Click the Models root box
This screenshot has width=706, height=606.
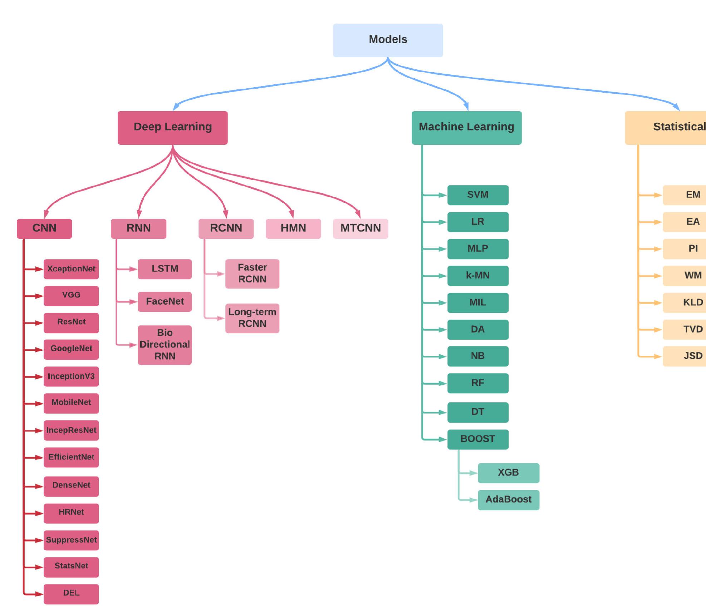[388, 40]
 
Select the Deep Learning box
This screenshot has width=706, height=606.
[172, 128]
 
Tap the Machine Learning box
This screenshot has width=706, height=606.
[466, 128]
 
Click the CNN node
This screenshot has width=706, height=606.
[44, 228]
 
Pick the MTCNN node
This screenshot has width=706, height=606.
[360, 228]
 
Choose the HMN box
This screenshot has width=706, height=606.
[293, 228]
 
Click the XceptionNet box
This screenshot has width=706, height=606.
[71, 269]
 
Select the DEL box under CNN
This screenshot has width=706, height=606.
[71, 593]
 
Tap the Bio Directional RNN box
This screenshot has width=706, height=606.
[165, 345]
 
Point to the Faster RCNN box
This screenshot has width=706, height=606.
[252, 274]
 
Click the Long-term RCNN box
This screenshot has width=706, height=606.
[252, 318]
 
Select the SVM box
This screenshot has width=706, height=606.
[477, 195]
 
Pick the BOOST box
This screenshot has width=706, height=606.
[477, 439]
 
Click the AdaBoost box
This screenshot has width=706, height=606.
[508, 499]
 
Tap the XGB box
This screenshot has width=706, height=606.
[508, 473]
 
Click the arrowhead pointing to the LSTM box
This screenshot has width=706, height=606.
[133, 269]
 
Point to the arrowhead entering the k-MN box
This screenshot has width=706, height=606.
[443, 276]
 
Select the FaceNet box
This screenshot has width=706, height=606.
[165, 301]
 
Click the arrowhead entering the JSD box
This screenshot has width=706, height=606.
[658, 356]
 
